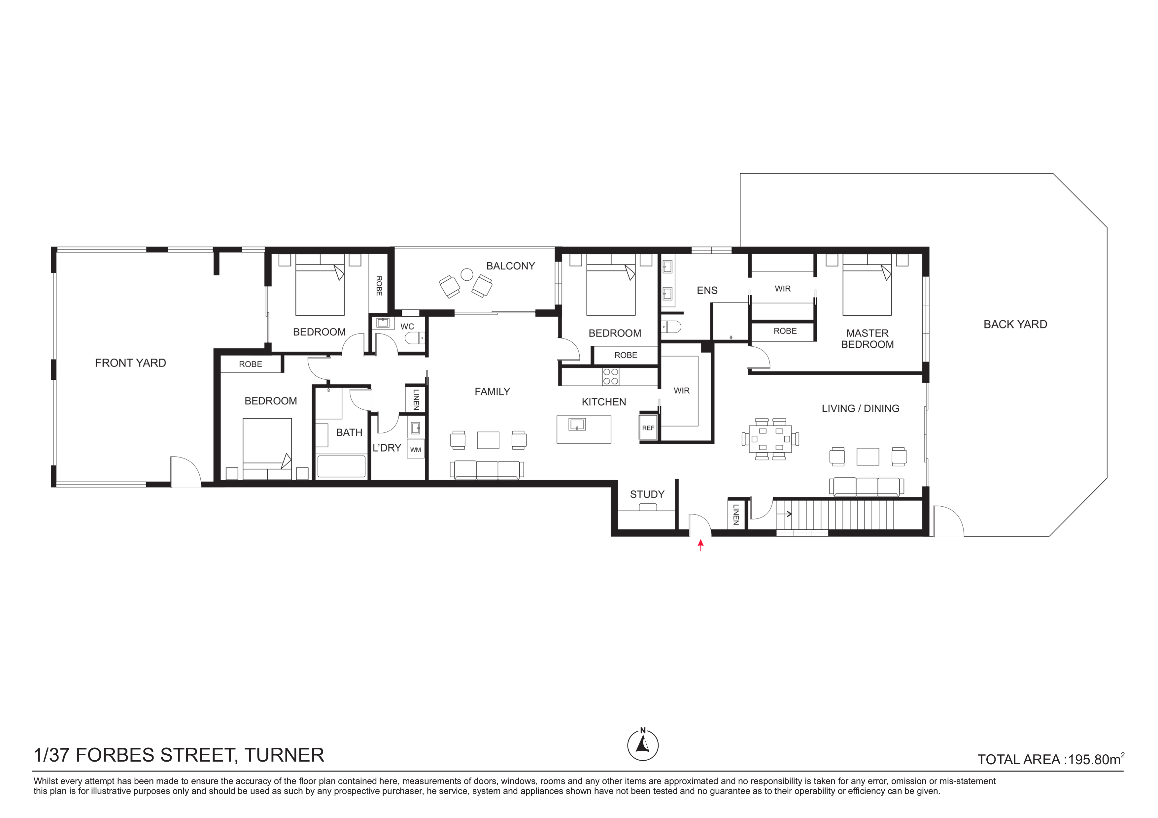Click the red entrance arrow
tap(700, 545)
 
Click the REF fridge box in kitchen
tap(648, 428)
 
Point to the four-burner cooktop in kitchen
tap(611, 376)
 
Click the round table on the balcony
tap(467, 274)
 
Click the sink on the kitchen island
tap(576, 425)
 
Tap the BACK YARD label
tap(1015, 325)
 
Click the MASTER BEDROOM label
tap(868, 339)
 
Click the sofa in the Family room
tap(487, 470)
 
